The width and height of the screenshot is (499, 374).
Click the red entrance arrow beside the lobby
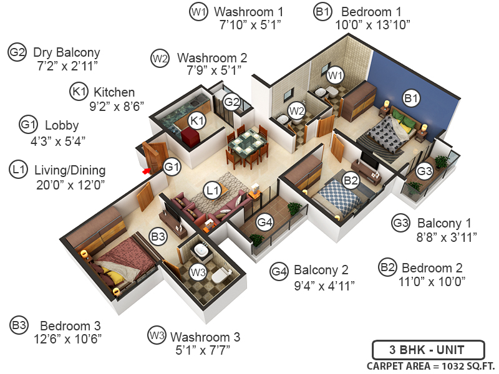(x=147, y=170)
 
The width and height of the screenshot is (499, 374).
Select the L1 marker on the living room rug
(x=212, y=188)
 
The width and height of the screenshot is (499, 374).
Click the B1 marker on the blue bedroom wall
(x=410, y=97)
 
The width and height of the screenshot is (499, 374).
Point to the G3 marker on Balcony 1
(x=424, y=170)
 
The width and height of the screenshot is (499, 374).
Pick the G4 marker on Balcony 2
(x=265, y=221)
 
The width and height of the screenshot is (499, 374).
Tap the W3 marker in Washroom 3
(x=198, y=272)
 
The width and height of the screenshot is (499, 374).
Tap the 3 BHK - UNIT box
(x=427, y=350)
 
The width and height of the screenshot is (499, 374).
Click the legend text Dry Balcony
(x=66, y=52)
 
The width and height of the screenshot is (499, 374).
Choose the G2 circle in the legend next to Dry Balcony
(x=17, y=53)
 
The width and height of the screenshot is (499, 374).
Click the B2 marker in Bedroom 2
(x=351, y=181)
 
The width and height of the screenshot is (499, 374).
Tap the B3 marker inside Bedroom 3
(x=158, y=237)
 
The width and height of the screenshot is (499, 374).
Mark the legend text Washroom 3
(x=205, y=337)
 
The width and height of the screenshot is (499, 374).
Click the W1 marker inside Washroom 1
(x=336, y=75)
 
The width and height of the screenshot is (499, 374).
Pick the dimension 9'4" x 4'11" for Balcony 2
(x=324, y=285)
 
